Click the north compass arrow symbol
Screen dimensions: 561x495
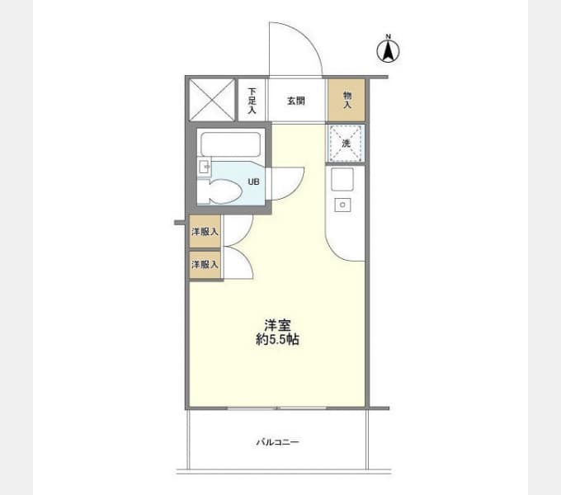coord(389,51)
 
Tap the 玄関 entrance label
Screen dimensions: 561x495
coord(296,101)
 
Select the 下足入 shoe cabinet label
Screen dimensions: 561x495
coord(252,101)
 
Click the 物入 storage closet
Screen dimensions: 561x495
coord(346,100)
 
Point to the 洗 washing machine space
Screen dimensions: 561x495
coord(345,144)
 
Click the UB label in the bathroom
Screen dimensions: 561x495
coord(253,181)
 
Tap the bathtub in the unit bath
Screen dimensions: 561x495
coord(231,144)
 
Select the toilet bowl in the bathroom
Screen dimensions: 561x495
coord(224,191)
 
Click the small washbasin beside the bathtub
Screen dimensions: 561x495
coord(205,167)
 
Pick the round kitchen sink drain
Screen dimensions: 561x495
coord(342,205)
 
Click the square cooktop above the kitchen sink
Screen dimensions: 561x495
coord(342,179)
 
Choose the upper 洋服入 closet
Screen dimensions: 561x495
coord(205,231)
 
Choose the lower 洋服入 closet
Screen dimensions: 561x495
coord(205,265)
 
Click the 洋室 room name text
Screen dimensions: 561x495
coord(278,326)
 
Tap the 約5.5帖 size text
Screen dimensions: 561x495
coord(278,339)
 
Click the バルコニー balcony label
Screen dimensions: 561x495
coord(277,442)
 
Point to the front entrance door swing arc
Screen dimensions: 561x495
coord(308,37)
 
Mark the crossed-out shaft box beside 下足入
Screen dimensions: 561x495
coord(212,100)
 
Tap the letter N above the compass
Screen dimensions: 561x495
coord(389,36)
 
